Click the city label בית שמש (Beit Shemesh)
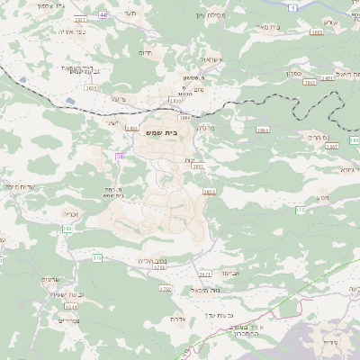161,131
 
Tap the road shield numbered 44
103,15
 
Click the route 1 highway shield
296,5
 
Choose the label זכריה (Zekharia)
74,215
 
